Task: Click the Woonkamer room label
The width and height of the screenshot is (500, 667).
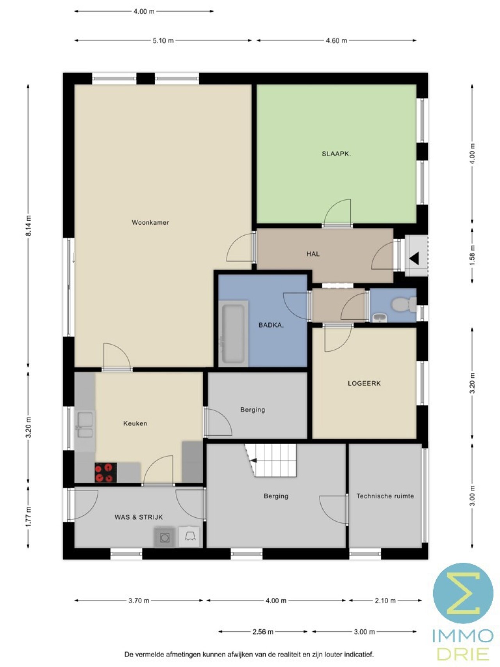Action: [x=150, y=222]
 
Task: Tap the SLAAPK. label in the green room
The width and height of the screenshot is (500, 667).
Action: [x=336, y=154]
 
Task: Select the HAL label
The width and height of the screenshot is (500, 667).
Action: [x=313, y=254]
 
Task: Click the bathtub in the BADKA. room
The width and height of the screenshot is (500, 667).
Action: [x=233, y=333]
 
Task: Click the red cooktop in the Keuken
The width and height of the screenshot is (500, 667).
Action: [x=106, y=472]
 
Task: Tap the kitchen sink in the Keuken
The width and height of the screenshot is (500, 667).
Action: [x=85, y=425]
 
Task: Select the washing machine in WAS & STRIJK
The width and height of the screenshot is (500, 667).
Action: [x=165, y=537]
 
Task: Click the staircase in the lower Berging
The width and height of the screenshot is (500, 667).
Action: [x=271, y=460]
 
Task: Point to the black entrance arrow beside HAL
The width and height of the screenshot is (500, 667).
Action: [x=414, y=258]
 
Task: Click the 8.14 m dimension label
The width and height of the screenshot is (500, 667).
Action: [x=28, y=226]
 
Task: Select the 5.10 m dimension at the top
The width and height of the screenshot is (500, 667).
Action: [x=163, y=40]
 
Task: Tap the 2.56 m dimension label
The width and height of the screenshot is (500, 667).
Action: [x=263, y=631]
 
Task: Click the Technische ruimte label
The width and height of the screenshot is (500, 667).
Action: [x=385, y=496]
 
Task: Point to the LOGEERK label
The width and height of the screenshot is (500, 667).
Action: [x=364, y=383]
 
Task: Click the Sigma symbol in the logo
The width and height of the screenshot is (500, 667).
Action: [x=463, y=593]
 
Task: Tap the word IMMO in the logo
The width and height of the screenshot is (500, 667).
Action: [x=463, y=636]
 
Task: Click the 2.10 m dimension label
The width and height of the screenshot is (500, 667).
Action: [x=385, y=601]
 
